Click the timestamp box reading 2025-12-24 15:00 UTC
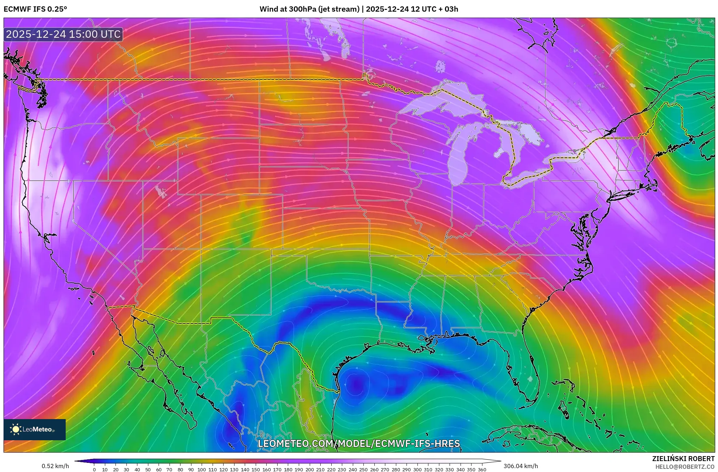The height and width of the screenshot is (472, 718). click(x=63, y=34)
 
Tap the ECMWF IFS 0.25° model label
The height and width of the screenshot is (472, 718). click(x=35, y=9)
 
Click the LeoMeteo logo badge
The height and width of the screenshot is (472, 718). click(x=35, y=429)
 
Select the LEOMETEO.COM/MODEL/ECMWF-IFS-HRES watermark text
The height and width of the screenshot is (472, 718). click(x=359, y=443)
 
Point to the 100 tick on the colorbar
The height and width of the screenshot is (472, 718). click(x=202, y=470)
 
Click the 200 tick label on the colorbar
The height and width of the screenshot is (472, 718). click(x=309, y=470)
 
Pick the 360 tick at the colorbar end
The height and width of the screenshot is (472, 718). click(x=482, y=470)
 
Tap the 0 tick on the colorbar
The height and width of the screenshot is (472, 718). click(x=94, y=470)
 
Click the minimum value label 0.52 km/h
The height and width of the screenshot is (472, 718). click(x=55, y=466)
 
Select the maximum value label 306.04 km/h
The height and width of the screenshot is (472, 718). click(x=521, y=466)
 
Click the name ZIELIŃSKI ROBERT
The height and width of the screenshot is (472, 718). click(x=683, y=459)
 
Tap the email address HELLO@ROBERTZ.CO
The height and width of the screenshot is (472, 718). click(x=685, y=467)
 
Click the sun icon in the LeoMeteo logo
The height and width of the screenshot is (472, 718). click(x=16, y=429)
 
